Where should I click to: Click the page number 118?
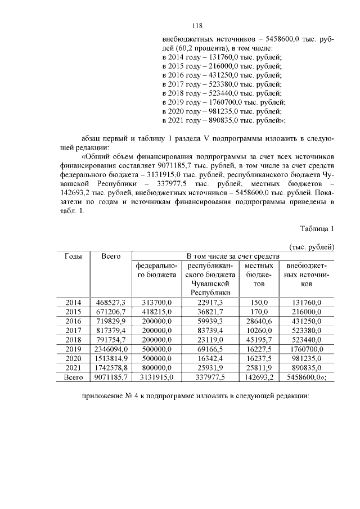(197, 26)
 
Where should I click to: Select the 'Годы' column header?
(74, 256)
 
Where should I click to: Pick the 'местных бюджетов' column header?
(259, 274)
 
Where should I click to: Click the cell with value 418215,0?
(156, 312)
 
